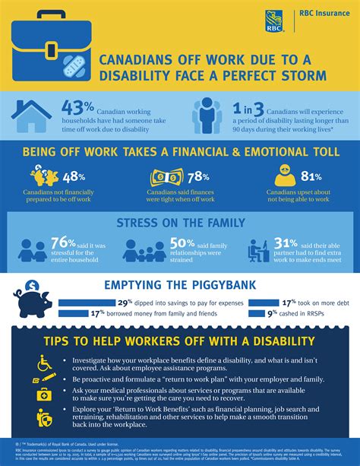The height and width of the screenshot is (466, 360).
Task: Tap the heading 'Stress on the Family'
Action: pos(179,222)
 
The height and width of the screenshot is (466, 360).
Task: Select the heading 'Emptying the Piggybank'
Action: pos(180,285)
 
